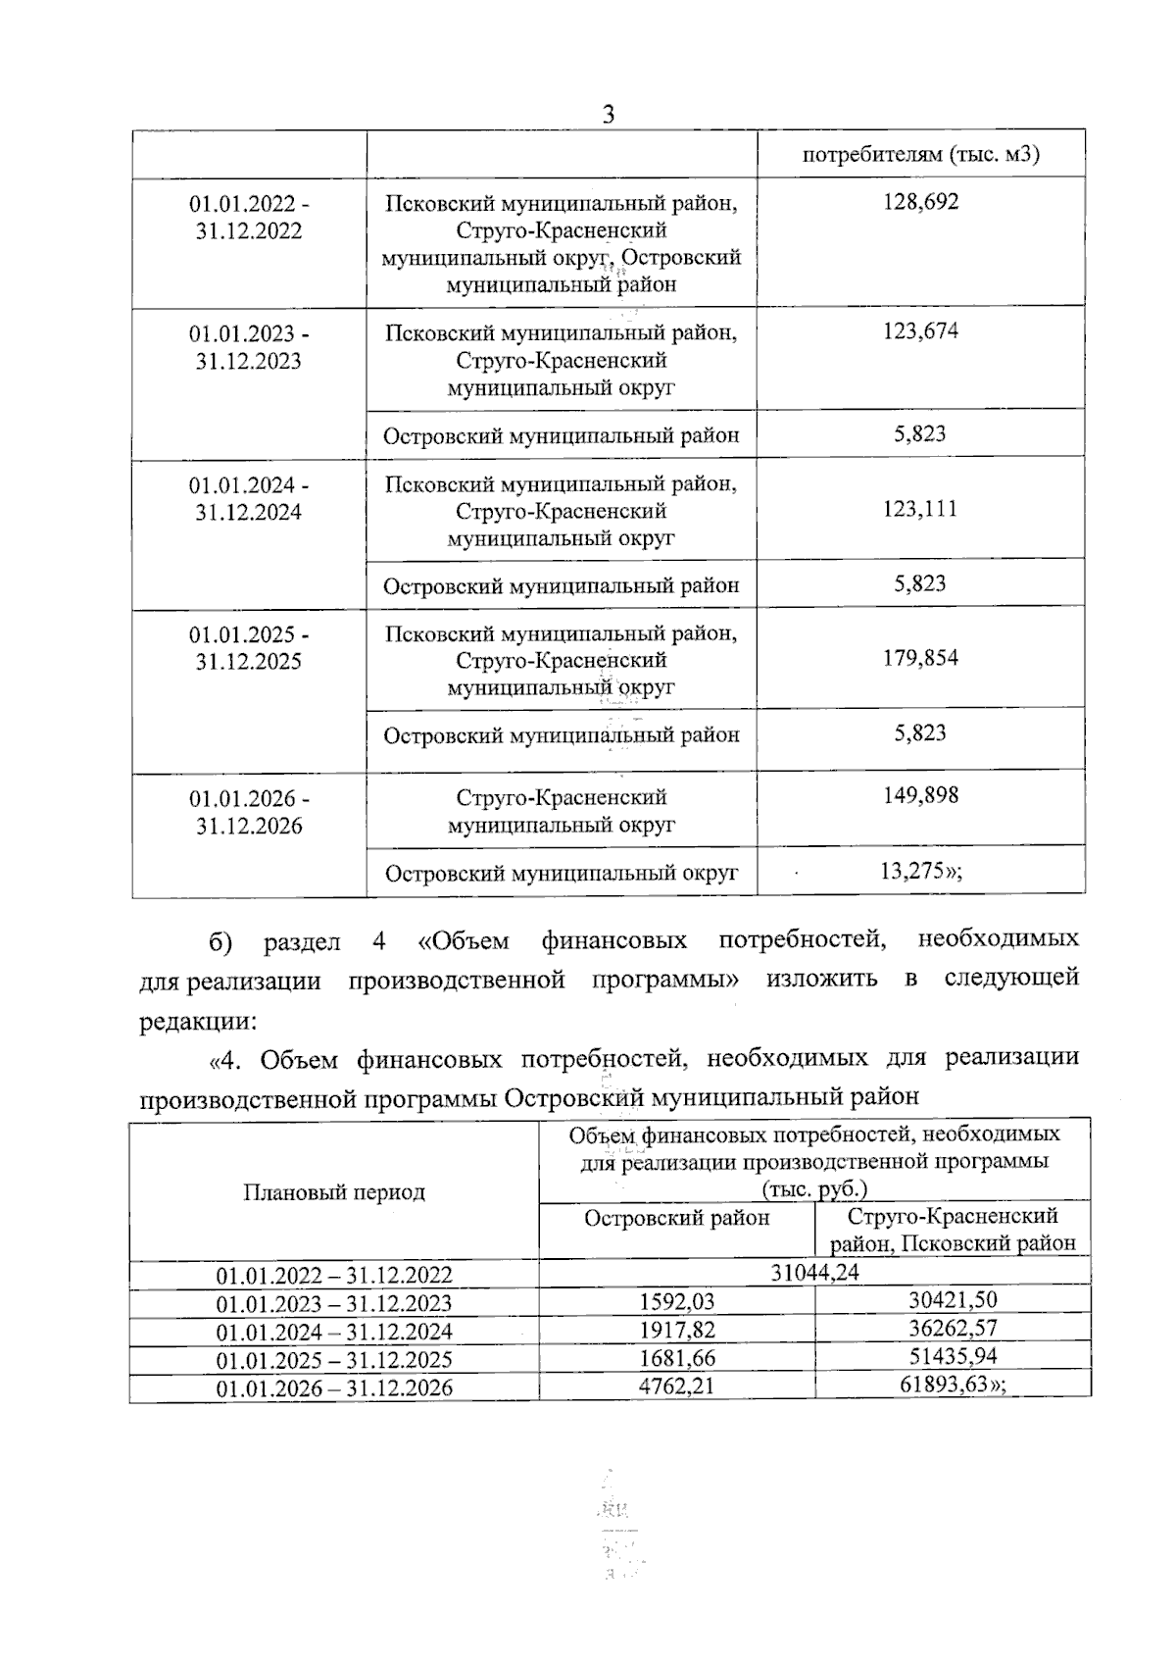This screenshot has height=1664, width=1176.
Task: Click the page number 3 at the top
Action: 608,115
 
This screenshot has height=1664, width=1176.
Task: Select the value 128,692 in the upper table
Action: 920,202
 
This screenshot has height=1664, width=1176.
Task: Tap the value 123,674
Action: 920,331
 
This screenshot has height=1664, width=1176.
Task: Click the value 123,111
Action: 920,509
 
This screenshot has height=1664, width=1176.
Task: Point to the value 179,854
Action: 920,658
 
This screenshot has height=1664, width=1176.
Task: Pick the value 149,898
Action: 920,795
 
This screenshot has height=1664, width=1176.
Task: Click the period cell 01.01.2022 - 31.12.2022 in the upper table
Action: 249,218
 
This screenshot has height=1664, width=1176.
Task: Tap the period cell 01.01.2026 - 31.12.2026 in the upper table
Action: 249,812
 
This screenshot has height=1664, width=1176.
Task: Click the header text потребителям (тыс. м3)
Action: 920,155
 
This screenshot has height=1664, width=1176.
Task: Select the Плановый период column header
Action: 334,1192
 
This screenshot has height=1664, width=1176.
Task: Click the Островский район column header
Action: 676,1218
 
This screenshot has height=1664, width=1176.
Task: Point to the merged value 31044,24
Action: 814,1273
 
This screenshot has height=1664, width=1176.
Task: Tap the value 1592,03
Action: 676,1302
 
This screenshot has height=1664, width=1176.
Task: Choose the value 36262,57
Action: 952,1330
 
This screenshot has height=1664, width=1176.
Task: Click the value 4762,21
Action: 676,1387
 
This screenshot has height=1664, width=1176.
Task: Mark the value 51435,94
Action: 952,1358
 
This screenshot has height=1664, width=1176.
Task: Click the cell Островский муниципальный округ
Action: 562,873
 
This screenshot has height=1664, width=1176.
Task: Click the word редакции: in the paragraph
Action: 197,1021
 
